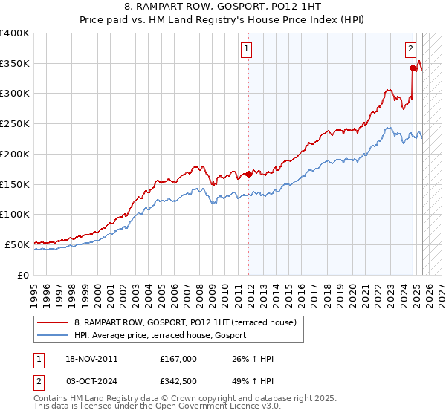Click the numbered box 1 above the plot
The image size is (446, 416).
246,50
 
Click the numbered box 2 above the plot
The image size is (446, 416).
410,50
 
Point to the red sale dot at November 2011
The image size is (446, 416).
248,174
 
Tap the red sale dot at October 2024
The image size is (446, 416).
413,68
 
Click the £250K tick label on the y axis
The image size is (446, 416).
15,124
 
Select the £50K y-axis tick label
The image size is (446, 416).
17,244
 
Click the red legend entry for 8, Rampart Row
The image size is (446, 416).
185,322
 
